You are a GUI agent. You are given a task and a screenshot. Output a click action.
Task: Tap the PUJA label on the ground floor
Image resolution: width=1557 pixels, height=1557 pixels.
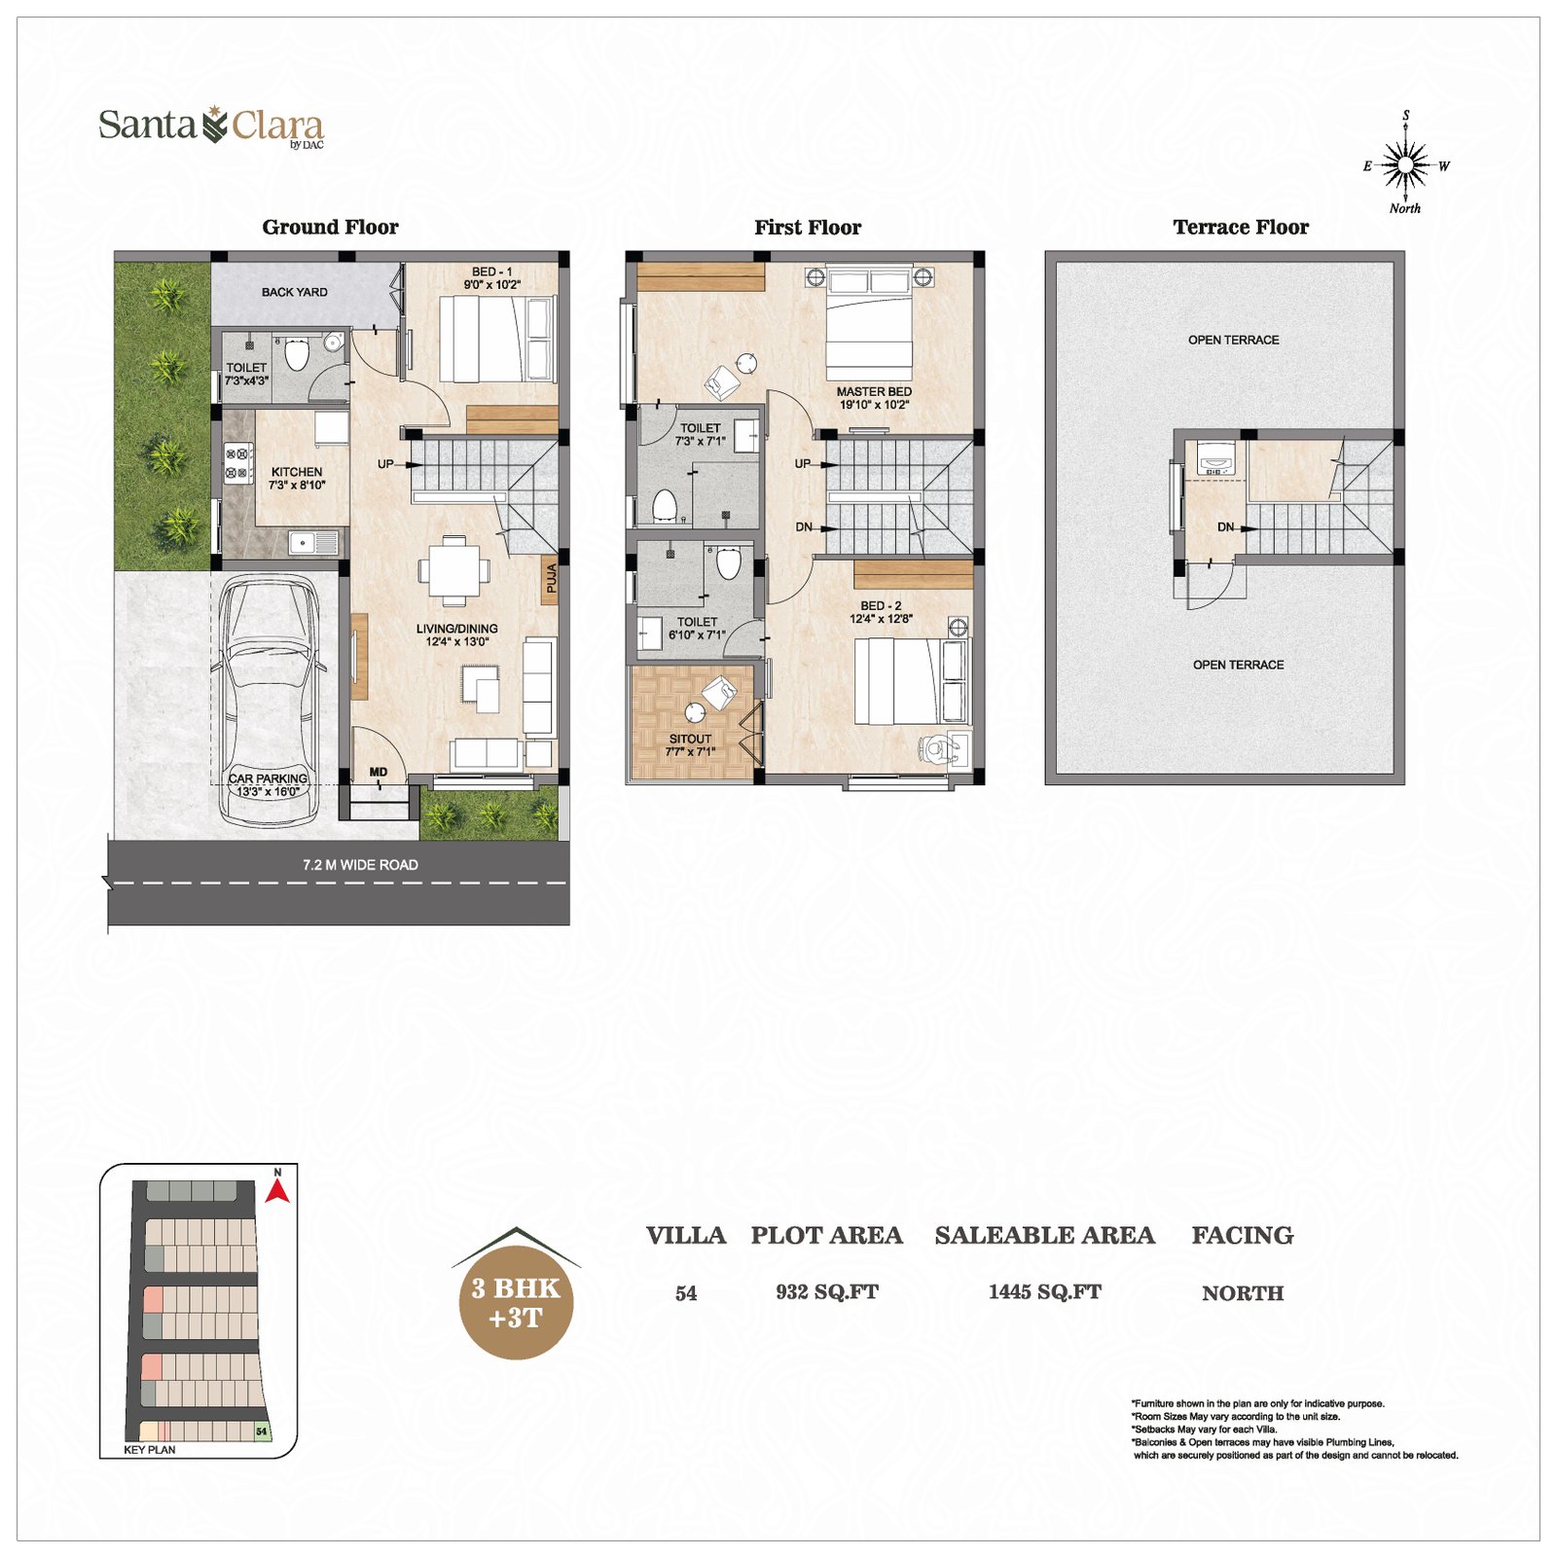coord(552,579)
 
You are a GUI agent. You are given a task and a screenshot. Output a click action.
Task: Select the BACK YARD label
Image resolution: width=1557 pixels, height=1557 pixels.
coord(295,292)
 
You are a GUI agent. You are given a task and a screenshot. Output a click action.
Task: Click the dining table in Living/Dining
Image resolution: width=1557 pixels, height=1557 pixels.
coord(453,570)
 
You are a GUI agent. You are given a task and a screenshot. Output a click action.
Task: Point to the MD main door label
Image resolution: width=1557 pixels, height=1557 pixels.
coord(379,772)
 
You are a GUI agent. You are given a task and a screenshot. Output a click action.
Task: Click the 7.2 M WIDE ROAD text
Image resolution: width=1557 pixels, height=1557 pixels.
coord(360,865)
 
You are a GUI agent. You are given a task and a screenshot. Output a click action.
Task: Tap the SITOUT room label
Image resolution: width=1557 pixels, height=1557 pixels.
coord(690,739)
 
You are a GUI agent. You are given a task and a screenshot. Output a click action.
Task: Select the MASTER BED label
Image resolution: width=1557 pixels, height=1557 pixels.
coord(874,391)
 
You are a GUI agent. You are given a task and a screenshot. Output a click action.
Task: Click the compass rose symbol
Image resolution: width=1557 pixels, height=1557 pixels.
coord(1405,164)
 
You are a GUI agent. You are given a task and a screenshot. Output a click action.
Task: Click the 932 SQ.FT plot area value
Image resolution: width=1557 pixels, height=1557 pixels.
coord(827,1292)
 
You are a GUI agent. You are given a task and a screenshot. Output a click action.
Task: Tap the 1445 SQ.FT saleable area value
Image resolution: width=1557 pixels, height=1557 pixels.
coord(1045,1292)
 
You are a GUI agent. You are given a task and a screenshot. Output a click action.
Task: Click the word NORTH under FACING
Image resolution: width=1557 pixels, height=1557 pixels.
coord(1243,1293)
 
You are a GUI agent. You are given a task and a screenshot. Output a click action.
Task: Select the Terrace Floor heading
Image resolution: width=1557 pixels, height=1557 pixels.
coord(1241,228)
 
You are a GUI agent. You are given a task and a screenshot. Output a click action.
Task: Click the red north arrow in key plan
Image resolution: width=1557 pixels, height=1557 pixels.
coord(277,1190)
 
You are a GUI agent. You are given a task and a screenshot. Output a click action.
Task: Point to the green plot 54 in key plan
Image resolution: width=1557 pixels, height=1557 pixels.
coord(262,1431)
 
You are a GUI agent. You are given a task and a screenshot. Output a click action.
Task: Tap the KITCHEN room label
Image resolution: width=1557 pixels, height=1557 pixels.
coord(297,472)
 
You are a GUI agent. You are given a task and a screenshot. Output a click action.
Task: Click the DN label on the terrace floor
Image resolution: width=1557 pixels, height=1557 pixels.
coord(1225,527)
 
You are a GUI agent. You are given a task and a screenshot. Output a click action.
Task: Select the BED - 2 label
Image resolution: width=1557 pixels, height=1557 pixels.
coord(881,605)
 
